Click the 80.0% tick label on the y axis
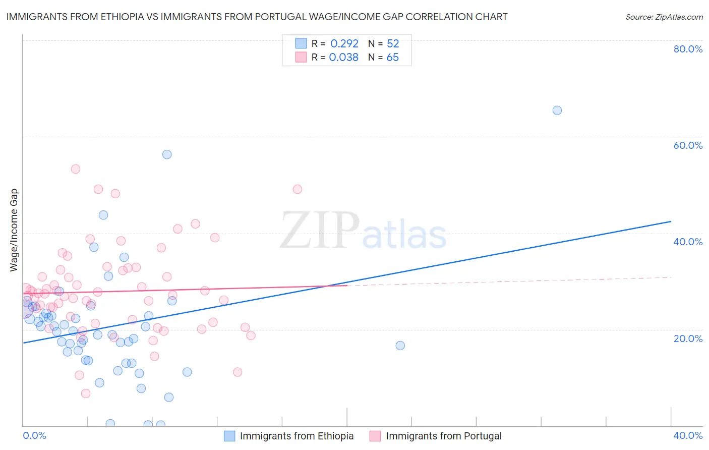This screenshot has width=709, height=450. (688, 49)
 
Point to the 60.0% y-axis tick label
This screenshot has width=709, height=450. (688, 145)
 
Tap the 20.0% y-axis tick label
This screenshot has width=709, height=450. (688, 338)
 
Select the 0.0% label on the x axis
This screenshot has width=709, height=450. (34, 435)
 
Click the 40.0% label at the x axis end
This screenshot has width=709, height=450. (688, 435)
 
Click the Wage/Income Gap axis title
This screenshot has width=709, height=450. (14, 230)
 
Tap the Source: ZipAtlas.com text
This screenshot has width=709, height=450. (664, 17)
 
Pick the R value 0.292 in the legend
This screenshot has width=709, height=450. (344, 44)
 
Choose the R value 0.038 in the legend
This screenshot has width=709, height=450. (343, 58)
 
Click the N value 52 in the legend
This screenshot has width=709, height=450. (393, 44)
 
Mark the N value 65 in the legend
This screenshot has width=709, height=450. (392, 58)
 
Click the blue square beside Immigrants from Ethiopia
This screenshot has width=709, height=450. (229, 436)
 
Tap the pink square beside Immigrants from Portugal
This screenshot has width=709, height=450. (375, 436)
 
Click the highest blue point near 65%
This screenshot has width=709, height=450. (557, 110)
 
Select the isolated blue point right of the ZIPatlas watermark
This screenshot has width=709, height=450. (400, 346)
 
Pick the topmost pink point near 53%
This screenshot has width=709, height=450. (76, 169)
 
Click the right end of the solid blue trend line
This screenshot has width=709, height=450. (671, 221)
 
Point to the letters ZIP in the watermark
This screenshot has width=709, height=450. (320, 231)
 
